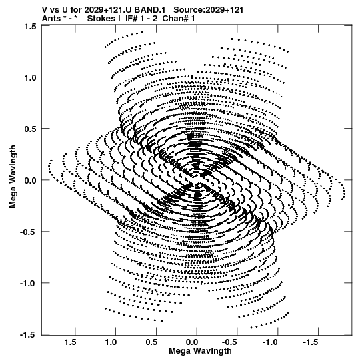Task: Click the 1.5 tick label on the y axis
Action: click(30, 27)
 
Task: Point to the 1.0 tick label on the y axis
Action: click(30, 78)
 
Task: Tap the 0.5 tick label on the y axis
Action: click(30, 129)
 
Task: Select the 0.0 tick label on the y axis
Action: click(30, 180)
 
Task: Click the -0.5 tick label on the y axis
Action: click(28, 232)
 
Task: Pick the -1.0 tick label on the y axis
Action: click(28, 283)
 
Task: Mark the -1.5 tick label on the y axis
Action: click(28, 334)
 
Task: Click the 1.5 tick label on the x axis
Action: click(71, 342)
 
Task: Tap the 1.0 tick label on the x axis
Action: click(111, 342)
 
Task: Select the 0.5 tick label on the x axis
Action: click(151, 342)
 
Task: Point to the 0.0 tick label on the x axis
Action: click(192, 342)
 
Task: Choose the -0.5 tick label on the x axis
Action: click(231, 342)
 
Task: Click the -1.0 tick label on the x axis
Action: click(271, 342)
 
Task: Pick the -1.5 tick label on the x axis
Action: click(312, 342)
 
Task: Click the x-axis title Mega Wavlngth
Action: click(200, 351)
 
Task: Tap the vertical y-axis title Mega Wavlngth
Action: click(13, 177)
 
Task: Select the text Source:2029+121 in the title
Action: click(208, 10)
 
